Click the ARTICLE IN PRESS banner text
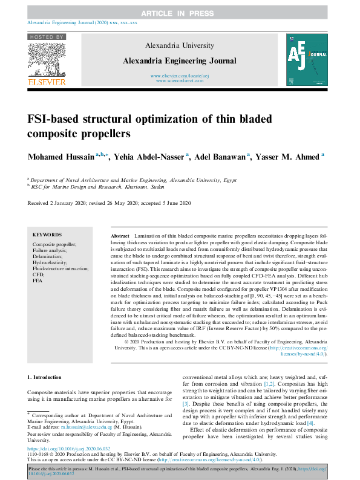(180, 13)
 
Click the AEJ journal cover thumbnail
(307, 59)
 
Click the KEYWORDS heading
(47, 235)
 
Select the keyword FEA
(38, 281)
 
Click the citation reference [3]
(186, 403)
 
